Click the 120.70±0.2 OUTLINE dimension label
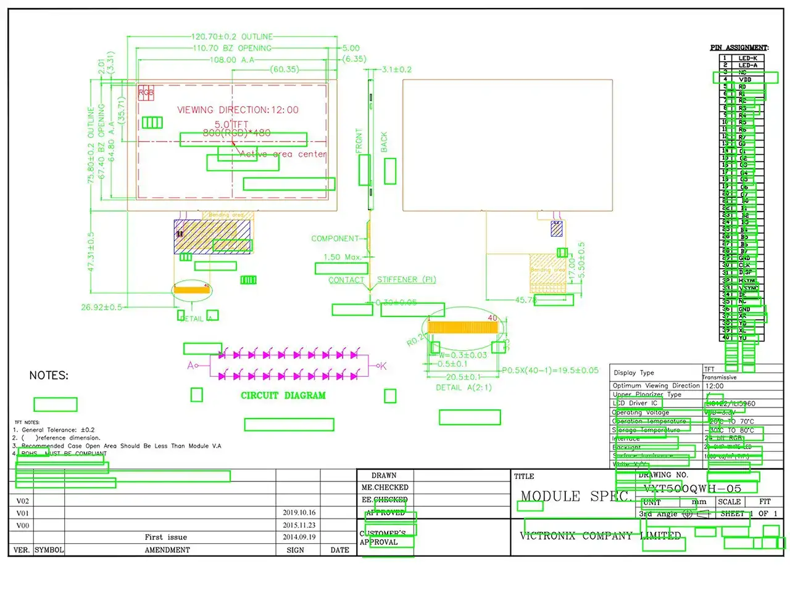pos(231,37)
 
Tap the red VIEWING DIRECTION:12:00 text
pos(238,110)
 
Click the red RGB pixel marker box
pos(146,93)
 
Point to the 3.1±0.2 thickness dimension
pos(396,70)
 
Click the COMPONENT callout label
pos(335,239)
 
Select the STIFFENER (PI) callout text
pos(406,280)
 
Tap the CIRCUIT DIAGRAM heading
pos(283,396)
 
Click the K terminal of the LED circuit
pos(382,366)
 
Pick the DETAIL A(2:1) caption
pos(464,388)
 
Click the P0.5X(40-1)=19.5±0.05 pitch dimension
pos(550,371)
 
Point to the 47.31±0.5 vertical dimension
pos(91,252)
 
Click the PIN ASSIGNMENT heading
pos(739,47)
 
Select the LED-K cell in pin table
pos(747,58)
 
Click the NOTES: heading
pos(49,375)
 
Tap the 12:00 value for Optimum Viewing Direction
pos(714,386)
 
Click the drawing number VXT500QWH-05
pos(692,489)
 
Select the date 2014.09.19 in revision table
pos(299,537)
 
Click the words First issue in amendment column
pos(165,537)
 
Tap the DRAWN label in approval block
pos(384,475)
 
